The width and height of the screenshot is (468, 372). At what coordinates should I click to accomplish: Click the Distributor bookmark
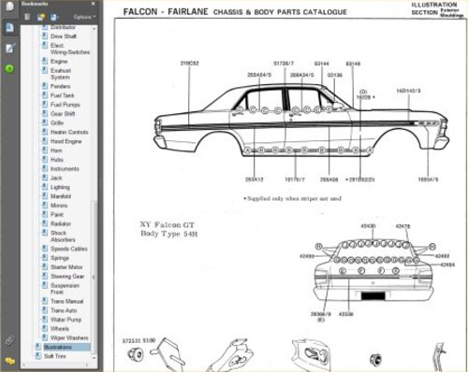tap(63, 28)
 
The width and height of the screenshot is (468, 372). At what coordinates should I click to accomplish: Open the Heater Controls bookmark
tap(68, 132)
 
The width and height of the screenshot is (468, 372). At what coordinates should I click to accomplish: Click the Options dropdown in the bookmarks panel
tap(83, 17)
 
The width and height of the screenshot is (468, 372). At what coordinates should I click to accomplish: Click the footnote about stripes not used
tap(292, 198)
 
